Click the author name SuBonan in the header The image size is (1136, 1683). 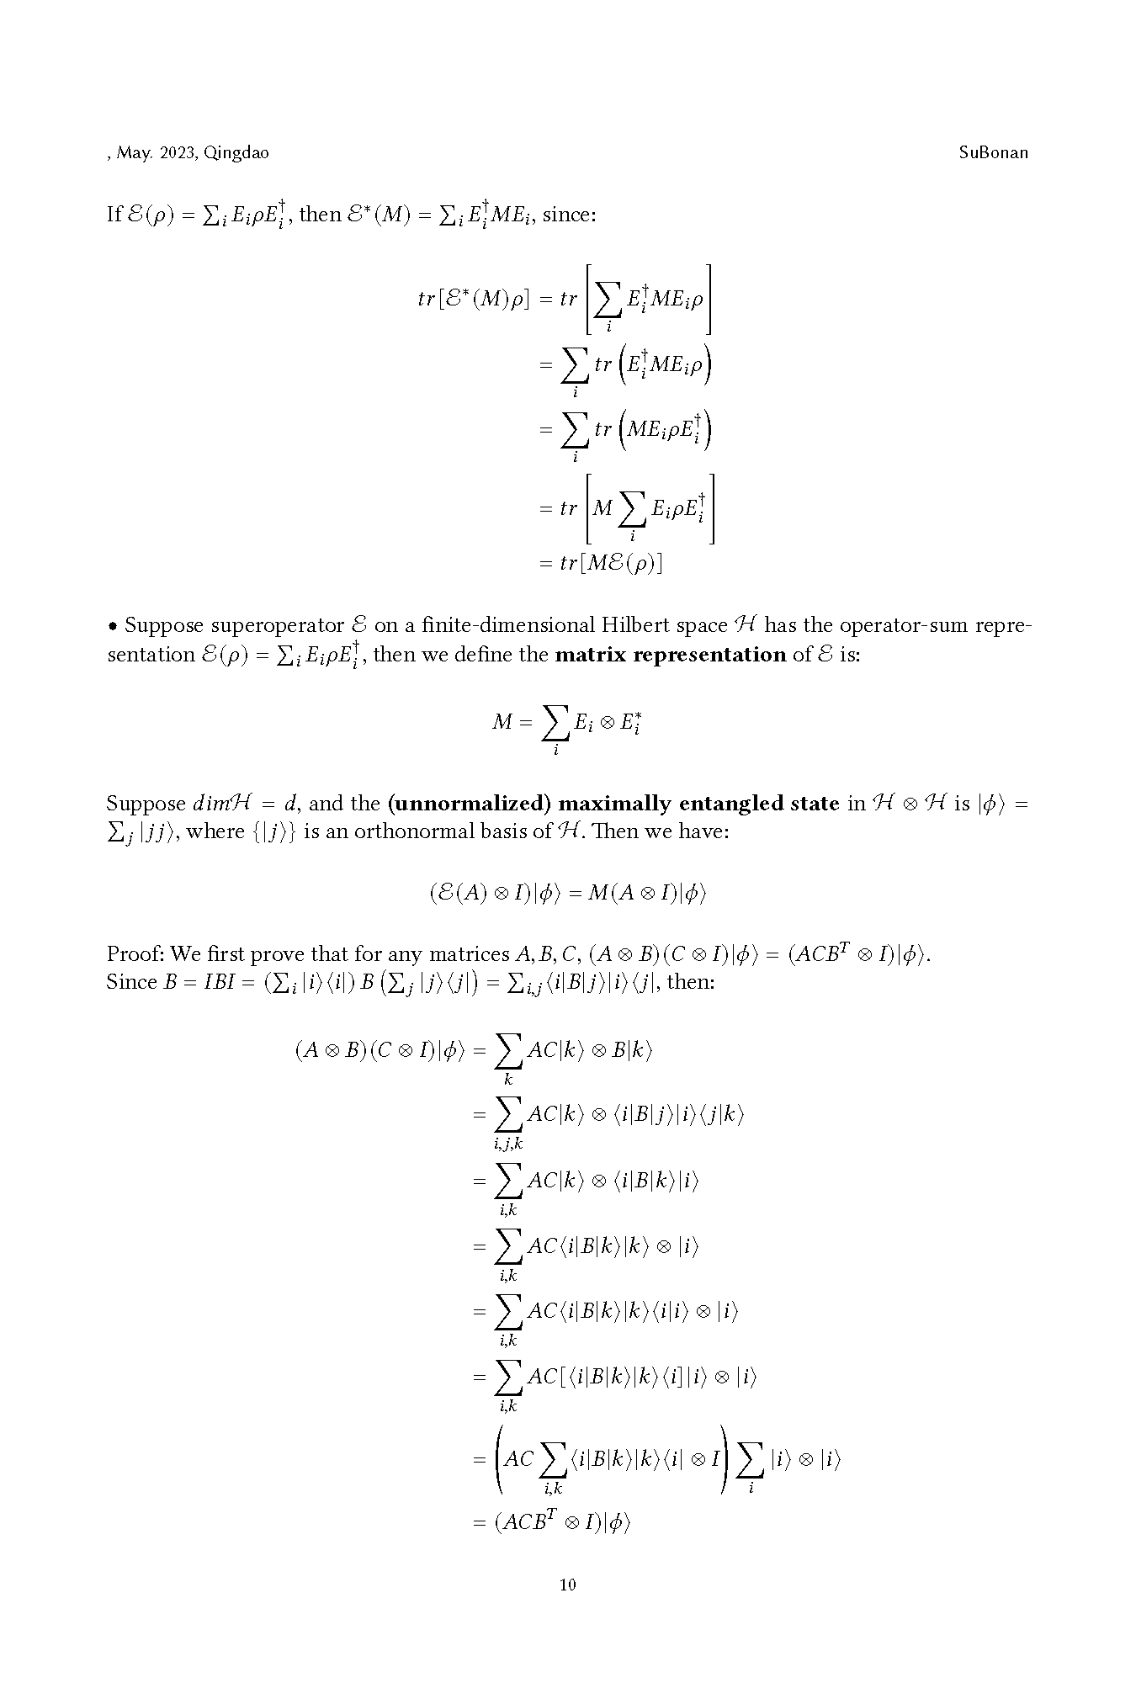pyautogui.click(x=993, y=153)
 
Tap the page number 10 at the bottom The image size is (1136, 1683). pyautogui.click(x=568, y=1585)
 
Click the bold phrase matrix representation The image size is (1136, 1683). pyautogui.click(x=671, y=655)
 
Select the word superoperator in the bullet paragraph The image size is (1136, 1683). pyautogui.click(x=277, y=626)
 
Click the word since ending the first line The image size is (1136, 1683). pyautogui.click(x=569, y=215)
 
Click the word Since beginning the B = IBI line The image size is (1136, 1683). pyautogui.click(x=131, y=982)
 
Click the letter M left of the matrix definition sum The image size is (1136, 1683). pyautogui.click(x=502, y=722)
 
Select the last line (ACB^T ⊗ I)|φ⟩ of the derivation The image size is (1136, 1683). pyautogui.click(x=562, y=1522)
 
